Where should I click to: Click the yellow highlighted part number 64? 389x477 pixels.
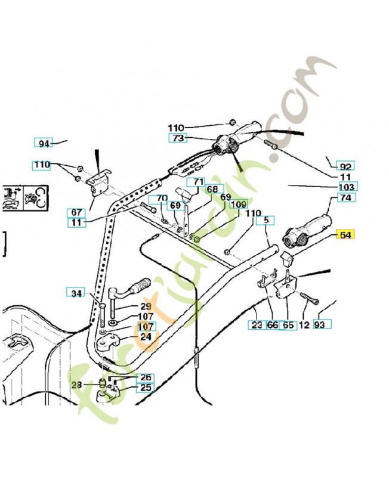click(345, 235)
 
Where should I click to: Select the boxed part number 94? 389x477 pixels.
click(43, 143)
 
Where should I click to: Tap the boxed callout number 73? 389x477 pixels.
click(178, 138)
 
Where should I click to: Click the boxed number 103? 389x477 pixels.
click(347, 187)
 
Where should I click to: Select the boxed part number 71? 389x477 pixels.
click(198, 182)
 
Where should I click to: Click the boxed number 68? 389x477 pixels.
click(212, 190)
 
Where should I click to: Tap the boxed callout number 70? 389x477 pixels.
click(161, 199)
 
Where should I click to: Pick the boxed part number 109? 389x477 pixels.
click(239, 205)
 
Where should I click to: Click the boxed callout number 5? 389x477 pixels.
click(265, 219)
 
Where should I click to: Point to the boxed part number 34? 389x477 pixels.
click(76, 293)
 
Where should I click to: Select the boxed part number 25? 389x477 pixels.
click(145, 388)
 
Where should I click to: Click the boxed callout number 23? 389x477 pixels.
click(257, 325)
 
